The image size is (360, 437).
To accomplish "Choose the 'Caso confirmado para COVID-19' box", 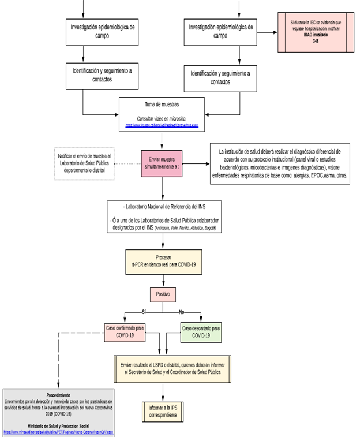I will [x=125, y=331].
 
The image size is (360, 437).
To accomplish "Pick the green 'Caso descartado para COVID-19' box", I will [x=200, y=331].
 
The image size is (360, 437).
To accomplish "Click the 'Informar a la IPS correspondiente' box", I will [x=162, y=411].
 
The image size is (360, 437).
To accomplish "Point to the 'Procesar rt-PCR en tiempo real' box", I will [x=164, y=260].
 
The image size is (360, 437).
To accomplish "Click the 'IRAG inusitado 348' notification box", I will [x=316, y=31].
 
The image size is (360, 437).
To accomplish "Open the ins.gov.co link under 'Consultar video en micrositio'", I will [x=162, y=124].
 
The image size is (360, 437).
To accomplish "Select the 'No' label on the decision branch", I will [x=182, y=311].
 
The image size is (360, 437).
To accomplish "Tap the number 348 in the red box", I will [x=316, y=41].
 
